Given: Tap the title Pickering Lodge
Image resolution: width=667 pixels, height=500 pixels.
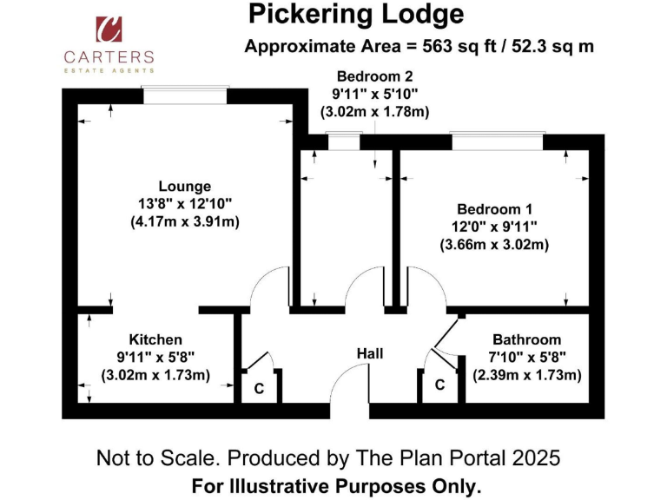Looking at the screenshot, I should (x=356, y=14).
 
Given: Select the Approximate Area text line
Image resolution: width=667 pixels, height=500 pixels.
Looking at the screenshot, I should (x=419, y=47).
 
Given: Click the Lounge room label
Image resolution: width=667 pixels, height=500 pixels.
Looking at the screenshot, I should (x=184, y=186).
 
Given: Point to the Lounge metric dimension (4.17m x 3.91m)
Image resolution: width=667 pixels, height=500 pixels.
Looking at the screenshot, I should (x=184, y=221).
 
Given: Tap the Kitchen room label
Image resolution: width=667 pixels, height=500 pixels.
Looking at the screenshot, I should (x=155, y=339).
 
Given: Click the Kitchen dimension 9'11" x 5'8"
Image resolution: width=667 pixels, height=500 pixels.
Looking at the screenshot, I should (x=155, y=357).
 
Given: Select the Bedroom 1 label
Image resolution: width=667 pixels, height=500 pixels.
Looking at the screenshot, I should (x=494, y=209).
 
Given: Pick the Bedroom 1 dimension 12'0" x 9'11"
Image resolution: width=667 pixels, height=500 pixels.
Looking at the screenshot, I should (x=494, y=227).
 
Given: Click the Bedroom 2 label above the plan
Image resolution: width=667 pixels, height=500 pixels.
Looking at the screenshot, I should (x=374, y=76).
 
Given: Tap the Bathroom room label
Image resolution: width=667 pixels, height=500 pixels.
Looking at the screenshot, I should (x=526, y=339).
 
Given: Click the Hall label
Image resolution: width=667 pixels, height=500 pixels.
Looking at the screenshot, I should (x=370, y=354).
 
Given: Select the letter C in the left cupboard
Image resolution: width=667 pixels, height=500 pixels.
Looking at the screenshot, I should (x=259, y=390).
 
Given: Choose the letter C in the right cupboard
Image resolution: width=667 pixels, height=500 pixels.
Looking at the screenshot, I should (x=439, y=385).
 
